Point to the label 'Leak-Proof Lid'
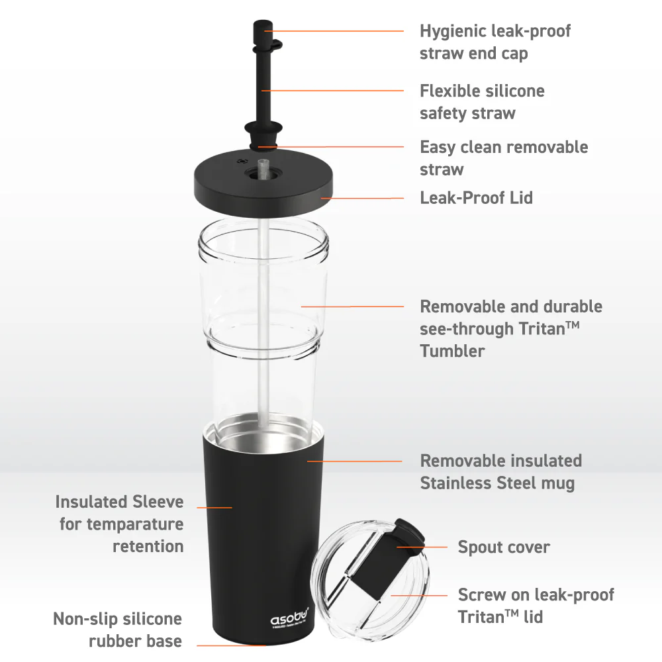click(x=476, y=197)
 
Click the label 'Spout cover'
click(x=503, y=547)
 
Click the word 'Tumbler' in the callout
click(x=452, y=351)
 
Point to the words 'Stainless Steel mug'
click(x=497, y=483)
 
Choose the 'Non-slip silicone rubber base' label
click(x=117, y=630)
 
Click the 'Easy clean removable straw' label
click(x=503, y=158)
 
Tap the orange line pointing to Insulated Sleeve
click(x=214, y=507)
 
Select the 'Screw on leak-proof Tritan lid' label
click(x=536, y=606)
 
